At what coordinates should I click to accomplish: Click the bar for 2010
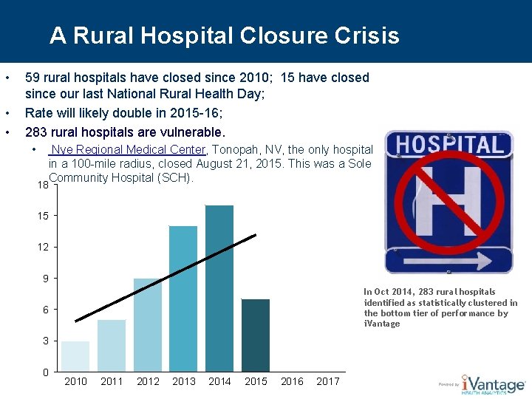75,355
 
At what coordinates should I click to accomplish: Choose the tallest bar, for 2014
219,287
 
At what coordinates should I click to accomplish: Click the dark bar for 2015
256,334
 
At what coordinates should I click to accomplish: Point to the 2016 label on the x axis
292,381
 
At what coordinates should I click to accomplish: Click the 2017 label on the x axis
328,381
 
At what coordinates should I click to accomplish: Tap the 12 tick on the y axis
44,247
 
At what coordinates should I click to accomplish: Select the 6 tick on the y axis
45,310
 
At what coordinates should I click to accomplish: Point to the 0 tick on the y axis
45,372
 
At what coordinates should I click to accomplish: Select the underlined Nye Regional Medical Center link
127,149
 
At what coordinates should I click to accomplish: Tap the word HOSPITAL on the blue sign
448,144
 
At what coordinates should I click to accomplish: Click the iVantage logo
491,383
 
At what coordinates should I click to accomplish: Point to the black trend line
166,277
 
